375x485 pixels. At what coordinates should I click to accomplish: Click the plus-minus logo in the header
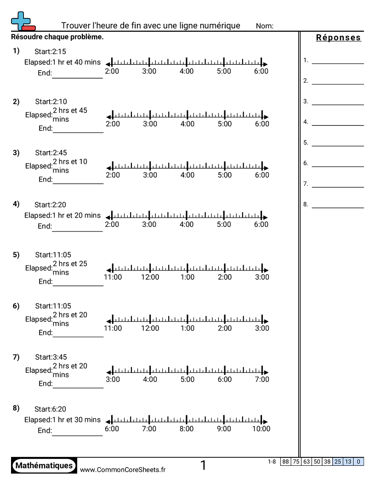pos(23,21)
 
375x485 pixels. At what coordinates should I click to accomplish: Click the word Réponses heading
pos(338,38)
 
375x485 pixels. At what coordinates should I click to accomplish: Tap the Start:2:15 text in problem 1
pos(50,51)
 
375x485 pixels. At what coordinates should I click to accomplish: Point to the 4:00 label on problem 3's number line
pos(187,175)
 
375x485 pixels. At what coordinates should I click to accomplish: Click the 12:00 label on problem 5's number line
pos(150,277)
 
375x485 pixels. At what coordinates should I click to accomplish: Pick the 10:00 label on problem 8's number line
pos(261,429)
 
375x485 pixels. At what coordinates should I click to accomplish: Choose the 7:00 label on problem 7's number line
pos(262,379)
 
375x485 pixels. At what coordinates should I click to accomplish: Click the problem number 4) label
pos(16,203)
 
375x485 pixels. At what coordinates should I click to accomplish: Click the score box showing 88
pos(285,462)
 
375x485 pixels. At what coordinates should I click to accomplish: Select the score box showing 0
pos(358,462)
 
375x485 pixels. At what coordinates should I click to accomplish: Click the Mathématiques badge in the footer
pos(44,466)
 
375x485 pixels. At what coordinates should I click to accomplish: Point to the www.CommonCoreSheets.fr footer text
pos(123,469)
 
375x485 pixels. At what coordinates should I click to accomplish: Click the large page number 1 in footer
pos(203,466)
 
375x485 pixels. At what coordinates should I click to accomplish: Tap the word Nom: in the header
pos(265,26)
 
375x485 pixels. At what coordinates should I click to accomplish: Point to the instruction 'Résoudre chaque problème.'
pos(57,37)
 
